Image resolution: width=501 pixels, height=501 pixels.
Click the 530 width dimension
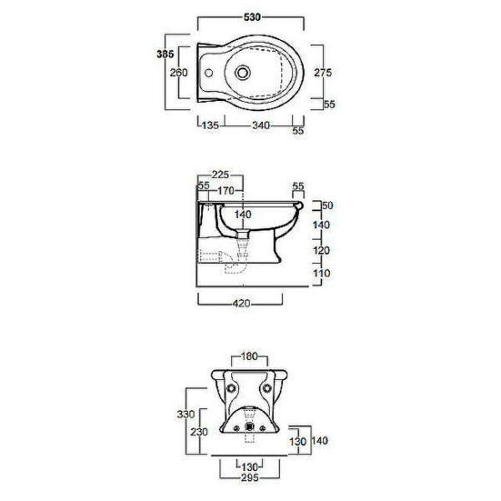click(252, 17)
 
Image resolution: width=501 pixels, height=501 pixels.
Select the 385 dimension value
click(165, 54)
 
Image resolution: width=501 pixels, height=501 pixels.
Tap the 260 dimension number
click(179, 73)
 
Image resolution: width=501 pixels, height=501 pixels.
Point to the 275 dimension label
click(322, 73)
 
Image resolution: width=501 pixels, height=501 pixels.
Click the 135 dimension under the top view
click(210, 125)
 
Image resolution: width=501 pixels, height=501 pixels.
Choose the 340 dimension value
click(261, 125)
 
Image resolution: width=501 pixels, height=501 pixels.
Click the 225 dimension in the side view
click(220, 175)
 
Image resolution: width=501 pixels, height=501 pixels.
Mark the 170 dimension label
click(226, 190)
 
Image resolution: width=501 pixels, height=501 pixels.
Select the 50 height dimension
click(327, 205)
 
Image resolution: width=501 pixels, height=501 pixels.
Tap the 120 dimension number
click(321, 250)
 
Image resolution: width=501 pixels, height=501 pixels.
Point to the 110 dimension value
click(321, 273)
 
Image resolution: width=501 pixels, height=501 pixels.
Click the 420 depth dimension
click(241, 303)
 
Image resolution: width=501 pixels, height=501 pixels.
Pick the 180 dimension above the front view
click(249, 356)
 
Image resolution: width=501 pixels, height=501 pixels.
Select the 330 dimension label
click(185, 414)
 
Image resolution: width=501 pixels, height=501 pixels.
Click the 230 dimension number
click(199, 432)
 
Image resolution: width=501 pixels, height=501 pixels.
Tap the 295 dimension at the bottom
click(250, 478)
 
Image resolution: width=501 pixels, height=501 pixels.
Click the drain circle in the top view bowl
click(242, 73)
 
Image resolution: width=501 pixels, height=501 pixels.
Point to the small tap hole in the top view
click(209, 73)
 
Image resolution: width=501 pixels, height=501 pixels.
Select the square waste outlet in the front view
click(249, 427)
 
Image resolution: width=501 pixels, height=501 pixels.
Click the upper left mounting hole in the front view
click(230, 388)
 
